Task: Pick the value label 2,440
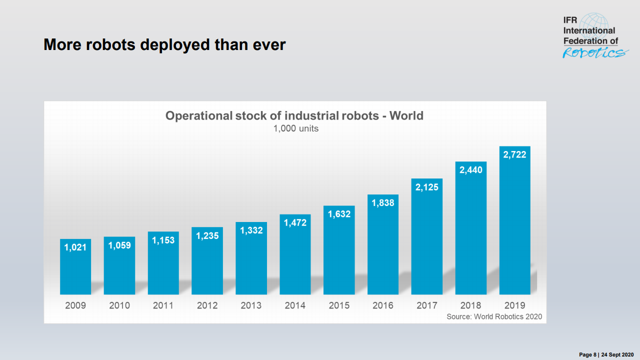tap(471, 170)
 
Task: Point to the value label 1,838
tap(383, 203)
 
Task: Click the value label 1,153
tap(163, 240)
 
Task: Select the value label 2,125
tap(427, 187)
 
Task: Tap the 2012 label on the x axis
tap(207, 305)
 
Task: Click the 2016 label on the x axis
tap(383, 305)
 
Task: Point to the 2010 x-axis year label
tap(119, 305)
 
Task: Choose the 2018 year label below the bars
tap(471, 305)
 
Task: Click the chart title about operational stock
tap(294, 116)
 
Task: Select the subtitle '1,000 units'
tap(295, 128)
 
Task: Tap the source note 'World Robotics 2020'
tap(494, 316)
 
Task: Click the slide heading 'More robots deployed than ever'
tap(164, 45)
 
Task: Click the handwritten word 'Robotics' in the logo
tap(594, 52)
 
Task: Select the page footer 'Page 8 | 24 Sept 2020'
tap(606, 354)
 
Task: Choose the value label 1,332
tap(251, 230)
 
